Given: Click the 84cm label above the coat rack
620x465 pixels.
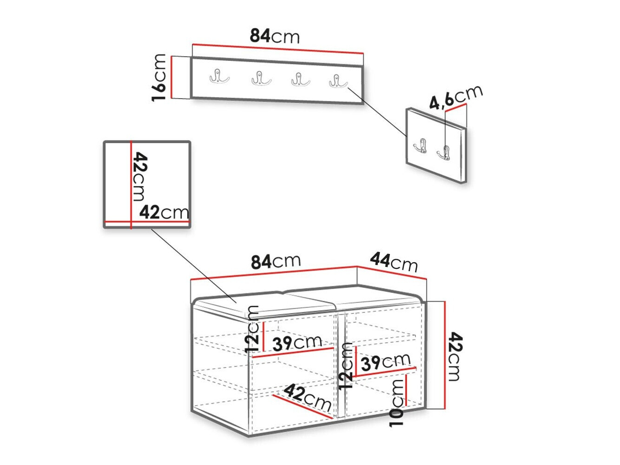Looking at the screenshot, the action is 274,36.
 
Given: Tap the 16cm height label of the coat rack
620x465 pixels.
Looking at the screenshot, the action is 158,77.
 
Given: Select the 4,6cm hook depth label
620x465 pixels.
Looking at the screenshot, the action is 455,97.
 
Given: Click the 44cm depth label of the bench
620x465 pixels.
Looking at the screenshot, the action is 394,262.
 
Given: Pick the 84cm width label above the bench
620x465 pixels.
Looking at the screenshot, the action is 276,261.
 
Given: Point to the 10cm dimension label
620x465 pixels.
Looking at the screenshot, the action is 396,403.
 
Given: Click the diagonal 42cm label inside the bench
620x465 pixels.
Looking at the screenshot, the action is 308,398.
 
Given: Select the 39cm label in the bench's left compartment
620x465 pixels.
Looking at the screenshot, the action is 297,343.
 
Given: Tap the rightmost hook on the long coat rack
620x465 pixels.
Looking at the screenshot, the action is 338,80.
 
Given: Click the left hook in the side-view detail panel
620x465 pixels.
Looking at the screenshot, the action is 420,146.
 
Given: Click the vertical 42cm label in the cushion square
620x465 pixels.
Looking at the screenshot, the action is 140,176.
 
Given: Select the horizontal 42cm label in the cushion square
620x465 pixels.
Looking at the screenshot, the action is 164,212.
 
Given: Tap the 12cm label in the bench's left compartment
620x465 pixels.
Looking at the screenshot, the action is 251,329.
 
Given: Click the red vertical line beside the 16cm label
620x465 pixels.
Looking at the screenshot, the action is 171,77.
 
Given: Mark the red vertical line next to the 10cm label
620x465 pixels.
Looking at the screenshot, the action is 406,390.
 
